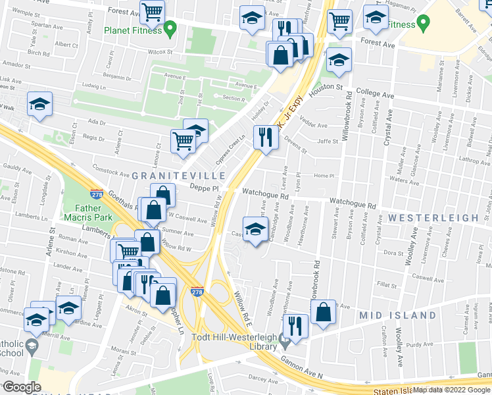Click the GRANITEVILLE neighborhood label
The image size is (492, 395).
pos(180,176)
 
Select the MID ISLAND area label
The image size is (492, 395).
pos(397,315)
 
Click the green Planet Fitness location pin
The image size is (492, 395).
pos(170,28)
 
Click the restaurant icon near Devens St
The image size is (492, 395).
pos(266,137)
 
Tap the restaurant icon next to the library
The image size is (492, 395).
pos(295,326)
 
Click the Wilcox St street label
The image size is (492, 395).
pos(160,51)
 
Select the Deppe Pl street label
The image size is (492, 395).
pos(203,187)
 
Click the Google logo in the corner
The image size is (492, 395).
pos(21,386)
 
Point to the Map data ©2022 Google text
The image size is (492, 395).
pos(451,390)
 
